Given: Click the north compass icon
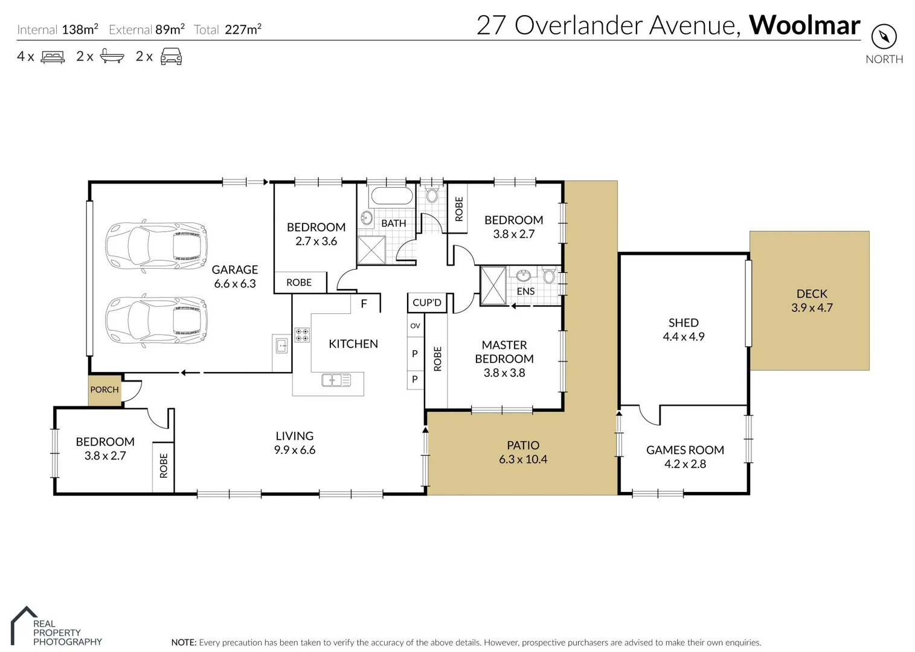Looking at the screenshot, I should (x=884, y=37).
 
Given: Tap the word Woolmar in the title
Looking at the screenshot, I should (x=804, y=25).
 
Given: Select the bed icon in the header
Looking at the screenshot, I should (x=53, y=57).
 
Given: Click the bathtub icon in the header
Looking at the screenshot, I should (x=112, y=57).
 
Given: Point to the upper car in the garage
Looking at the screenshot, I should (x=156, y=246).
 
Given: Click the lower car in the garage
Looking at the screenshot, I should (x=156, y=320).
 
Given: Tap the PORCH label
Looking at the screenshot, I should (x=104, y=390).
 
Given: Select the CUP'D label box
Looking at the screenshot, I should (x=427, y=302).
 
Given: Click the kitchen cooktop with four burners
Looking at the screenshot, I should (x=302, y=335).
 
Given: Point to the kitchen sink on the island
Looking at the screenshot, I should (x=336, y=380).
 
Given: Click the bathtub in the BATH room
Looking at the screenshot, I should (x=391, y=196).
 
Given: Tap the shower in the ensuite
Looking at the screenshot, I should (x=493, y=286).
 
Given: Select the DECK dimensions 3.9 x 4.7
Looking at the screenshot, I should (x=812, y=308).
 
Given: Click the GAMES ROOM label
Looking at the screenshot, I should (x=685, y=450).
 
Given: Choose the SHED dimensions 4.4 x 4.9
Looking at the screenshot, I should (x=684, y=337).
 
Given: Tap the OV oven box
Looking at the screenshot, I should (x=415, y=326).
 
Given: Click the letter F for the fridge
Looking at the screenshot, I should (x=364, y=304).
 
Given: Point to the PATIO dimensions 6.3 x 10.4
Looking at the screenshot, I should (x=523, y=459).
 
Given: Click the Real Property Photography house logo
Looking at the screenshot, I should (x=23, y=625).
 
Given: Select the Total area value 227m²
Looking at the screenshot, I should (x=243, y=29).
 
